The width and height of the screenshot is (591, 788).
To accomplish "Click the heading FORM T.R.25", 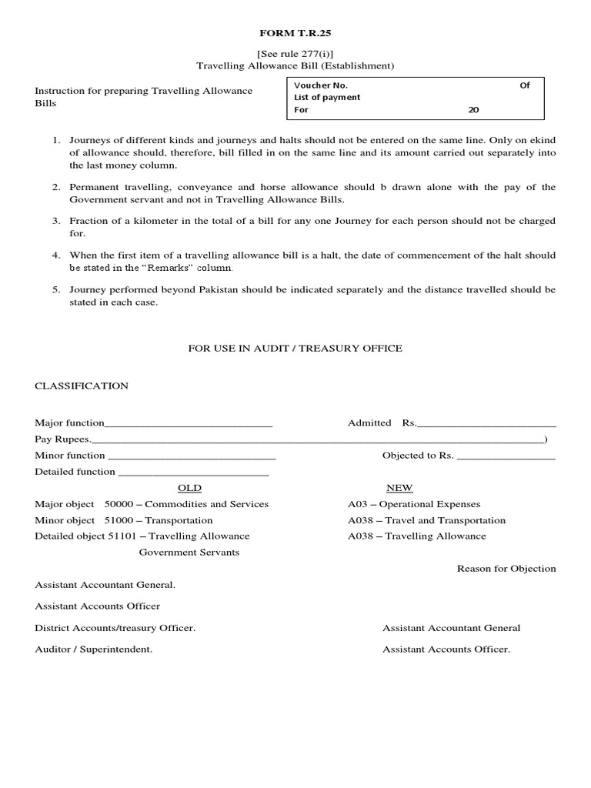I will click(295, 35).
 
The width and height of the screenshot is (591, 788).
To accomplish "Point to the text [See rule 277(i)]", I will click(295, 54).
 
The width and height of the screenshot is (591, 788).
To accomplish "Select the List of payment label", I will click(327, 98).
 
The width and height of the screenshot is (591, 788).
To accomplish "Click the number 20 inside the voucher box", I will click(473, 110).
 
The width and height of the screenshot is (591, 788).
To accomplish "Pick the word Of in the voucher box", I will click(525, 85).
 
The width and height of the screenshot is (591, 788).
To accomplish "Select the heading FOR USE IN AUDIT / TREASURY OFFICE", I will click(295, 349).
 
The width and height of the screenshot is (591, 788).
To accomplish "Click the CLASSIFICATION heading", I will click(82, 386).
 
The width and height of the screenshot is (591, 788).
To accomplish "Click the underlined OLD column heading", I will click(189, 488).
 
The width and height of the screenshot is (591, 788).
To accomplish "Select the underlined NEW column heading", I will click(399, 488).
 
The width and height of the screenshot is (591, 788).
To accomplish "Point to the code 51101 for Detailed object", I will click(123, 536).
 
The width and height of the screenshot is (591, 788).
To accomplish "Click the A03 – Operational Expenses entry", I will click(414, 504).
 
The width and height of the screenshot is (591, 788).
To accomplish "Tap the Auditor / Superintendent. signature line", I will click(93, 649).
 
